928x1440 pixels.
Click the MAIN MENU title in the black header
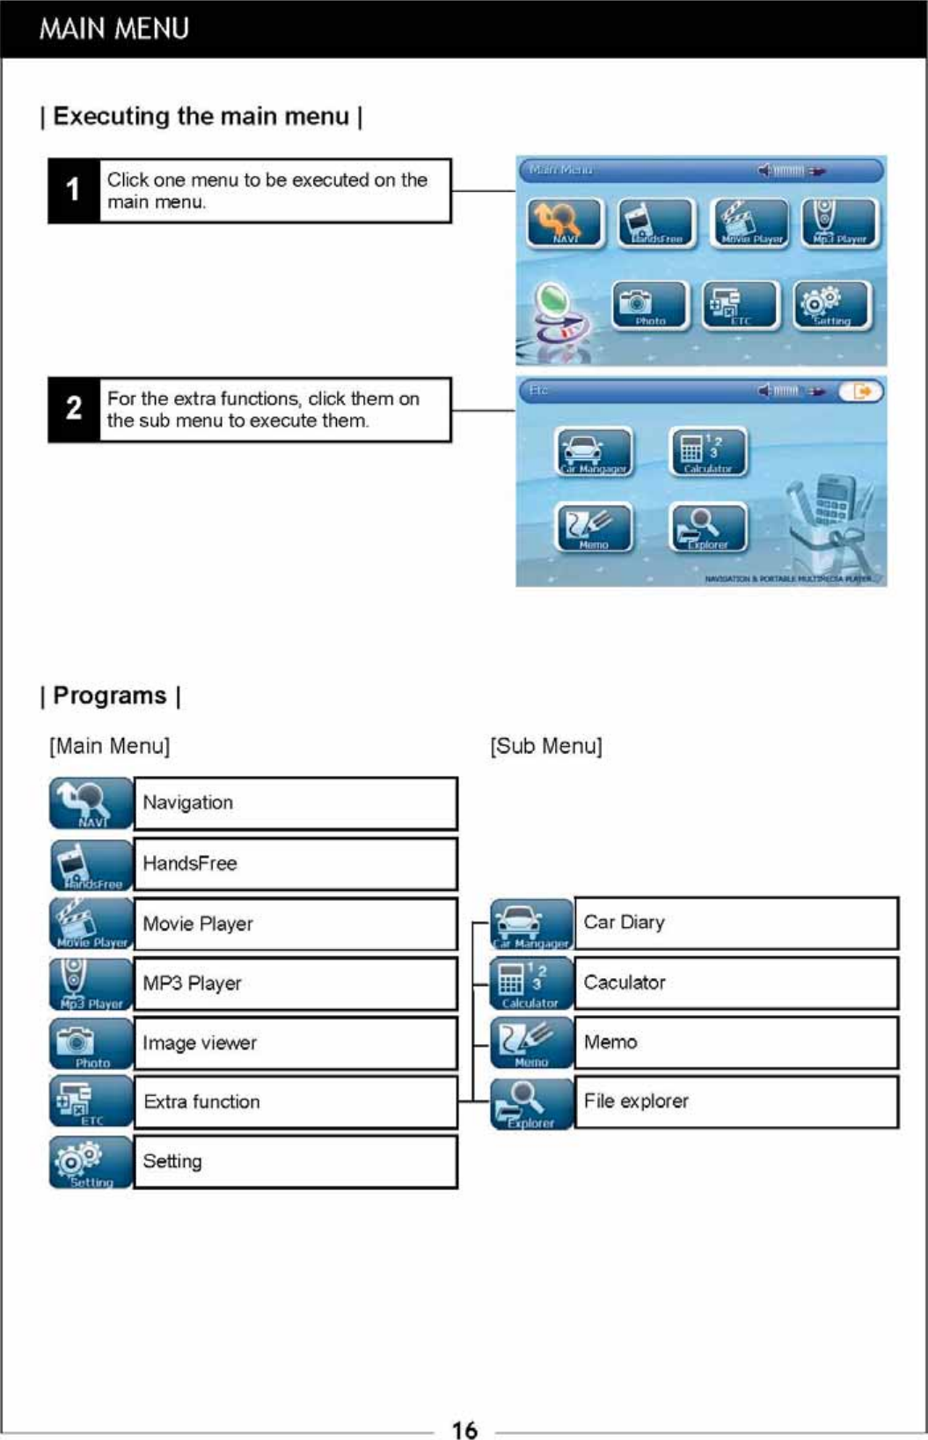[x=113, y=29]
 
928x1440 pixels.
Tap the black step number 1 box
[x=73, y=190]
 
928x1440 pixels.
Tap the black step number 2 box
[x=73, y=409]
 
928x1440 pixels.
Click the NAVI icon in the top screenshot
[x=565, y=223]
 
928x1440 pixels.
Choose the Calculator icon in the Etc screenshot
[x=708, y=452]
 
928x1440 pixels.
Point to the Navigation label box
[x=295, y=803]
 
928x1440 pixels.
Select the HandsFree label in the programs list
[x=190, y=864]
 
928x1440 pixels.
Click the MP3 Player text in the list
[x=192, y=983]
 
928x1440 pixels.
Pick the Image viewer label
[x=200, y=1043]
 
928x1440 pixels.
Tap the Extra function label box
[x=295, y=1102]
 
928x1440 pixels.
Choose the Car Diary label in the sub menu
[x=624, y=923]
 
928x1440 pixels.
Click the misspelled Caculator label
[x=625, y=983]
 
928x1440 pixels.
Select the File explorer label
[x=636, y=1101]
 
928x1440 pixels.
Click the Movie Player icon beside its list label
[x=91, y=924]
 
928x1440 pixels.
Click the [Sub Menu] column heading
[x=546, y=746]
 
